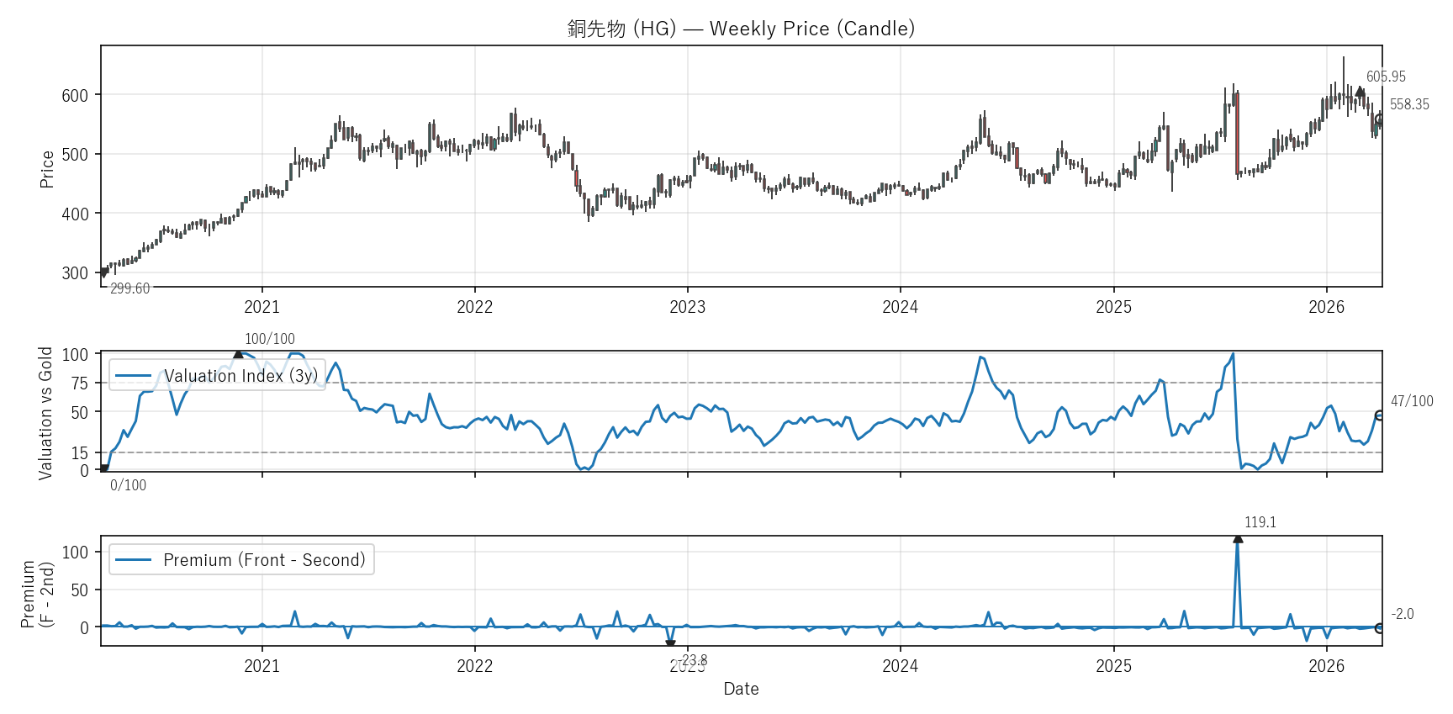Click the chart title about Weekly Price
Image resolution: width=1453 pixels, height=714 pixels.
741,29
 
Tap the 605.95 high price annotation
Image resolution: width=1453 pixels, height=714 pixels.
1386,77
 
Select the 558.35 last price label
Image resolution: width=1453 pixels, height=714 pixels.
1409,104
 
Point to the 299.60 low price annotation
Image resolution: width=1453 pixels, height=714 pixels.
129,288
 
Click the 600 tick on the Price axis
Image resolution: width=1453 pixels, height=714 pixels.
75,95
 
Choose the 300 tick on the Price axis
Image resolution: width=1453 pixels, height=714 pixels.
75,273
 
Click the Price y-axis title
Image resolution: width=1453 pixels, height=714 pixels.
47,168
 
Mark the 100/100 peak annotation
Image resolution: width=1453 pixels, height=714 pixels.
270,339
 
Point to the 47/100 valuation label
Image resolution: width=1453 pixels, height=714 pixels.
1412,401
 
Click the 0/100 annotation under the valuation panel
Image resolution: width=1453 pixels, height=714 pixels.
128,485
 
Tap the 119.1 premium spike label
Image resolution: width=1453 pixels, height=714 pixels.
1260,522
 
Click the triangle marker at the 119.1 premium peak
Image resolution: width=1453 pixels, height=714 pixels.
1238,538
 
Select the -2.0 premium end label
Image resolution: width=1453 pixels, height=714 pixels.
1403,614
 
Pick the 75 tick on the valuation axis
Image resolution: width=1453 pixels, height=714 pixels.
79,383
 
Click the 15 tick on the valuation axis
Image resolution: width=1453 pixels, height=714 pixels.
79,453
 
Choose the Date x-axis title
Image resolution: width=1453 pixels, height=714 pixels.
741,689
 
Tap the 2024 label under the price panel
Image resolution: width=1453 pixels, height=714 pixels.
900,307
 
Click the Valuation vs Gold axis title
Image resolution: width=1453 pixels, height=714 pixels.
45,413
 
